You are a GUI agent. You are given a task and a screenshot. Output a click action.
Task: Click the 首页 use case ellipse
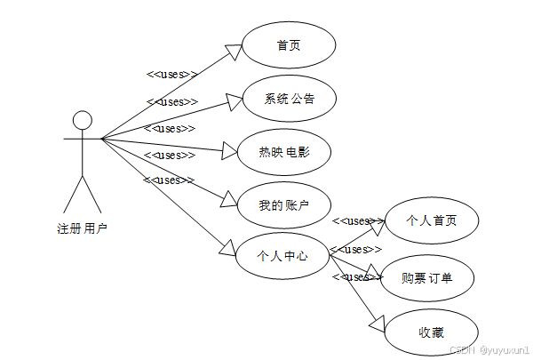click(x=288, y=45)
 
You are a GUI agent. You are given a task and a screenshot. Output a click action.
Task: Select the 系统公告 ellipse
click(x=288, y=98)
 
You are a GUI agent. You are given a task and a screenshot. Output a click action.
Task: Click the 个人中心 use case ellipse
click(x=282, y=256)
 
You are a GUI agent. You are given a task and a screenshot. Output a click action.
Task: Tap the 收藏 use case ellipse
click(x=431, y=332)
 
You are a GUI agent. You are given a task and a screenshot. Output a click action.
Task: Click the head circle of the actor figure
click(x=83, y=121)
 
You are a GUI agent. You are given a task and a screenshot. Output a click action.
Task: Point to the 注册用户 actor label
click(x=82, y=229)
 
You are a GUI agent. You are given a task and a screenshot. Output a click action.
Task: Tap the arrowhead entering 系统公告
click(x=232, y=102)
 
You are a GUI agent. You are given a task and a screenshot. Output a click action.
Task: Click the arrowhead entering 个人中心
click(x=230, y=249)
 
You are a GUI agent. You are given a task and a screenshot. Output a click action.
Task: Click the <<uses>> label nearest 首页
click(x=171, y=75)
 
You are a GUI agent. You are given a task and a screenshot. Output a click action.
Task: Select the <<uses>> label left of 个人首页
click(x=357, y=220)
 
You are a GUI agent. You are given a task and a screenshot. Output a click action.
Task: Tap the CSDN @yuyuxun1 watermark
click(x=489, y=350)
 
